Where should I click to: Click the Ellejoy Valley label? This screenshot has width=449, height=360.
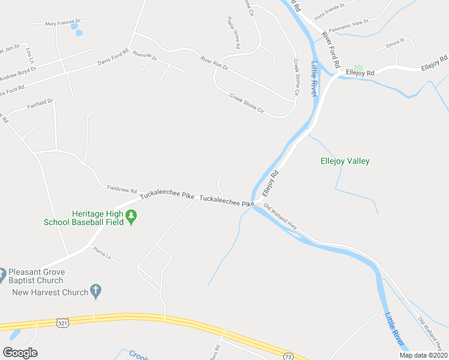coord(345,161)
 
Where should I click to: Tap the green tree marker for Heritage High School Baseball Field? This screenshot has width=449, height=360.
coord(131,217)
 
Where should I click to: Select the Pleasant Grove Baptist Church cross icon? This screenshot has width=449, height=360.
coord(2,272)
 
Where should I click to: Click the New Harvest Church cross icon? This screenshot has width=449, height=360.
coord(95,292)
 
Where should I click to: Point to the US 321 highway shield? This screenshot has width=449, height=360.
coord(62,323)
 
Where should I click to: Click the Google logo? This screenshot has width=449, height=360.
coord(20,353)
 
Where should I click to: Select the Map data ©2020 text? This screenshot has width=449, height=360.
coord(423,355)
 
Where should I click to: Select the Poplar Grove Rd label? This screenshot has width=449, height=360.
coord(234,33)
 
